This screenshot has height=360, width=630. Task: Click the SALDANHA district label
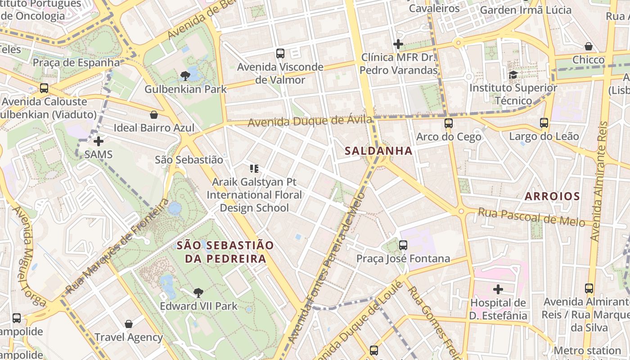tap(378, 151)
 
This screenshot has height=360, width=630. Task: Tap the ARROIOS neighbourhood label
tap(552, 196)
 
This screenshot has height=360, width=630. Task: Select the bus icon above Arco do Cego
tap(448, 123)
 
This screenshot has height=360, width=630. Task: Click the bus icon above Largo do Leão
tap(544, 123)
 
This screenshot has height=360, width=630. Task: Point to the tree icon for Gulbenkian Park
tap(184, 76)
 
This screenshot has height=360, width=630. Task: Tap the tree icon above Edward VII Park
tap(198, 293)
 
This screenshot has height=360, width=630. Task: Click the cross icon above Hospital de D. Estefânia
tap(498, 289)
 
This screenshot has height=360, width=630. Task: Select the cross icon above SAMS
tap(98, 141)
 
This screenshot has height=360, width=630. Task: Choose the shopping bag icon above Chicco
tap(588, 46)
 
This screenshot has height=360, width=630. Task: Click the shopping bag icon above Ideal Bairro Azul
tap(154, 115)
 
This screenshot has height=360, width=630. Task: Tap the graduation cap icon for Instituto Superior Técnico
tap(513, 75)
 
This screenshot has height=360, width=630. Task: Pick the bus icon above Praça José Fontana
tap(403, 245)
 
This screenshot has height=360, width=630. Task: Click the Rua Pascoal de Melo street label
tap(531, 216)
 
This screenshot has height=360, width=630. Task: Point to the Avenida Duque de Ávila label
tap(310, 121)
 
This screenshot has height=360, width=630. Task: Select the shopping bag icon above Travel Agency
tap(129, 324)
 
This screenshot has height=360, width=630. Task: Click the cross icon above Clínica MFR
tap(398, 44)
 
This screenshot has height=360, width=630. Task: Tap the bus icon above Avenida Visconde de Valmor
tap(280, 54)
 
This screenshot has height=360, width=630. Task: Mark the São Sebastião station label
tap(189, 160)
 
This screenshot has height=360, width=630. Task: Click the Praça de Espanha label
tap(76, 63)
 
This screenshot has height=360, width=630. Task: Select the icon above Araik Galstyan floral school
tap(254, 169)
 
